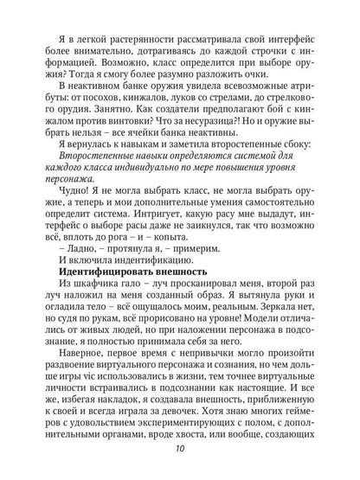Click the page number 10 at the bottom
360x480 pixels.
pos(179,459)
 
